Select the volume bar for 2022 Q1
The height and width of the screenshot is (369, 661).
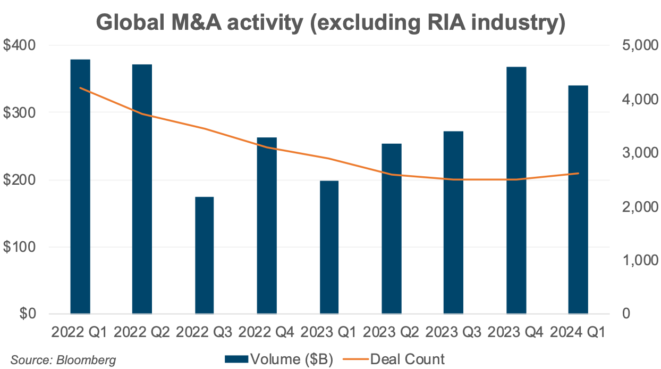[x=80, y=186]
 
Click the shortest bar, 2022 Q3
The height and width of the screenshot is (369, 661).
[x=205, y=256]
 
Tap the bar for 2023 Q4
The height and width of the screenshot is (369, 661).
[x=516, y=190]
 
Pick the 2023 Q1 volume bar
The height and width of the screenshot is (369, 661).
[x=329, y=248]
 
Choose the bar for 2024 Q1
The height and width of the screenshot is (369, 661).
[x=578, y=200]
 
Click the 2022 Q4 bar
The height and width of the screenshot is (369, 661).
[x=267, y=226]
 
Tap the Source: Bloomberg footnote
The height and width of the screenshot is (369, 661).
[x=63, y=360]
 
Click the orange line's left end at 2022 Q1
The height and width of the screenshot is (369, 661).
[x=80, y=88]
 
